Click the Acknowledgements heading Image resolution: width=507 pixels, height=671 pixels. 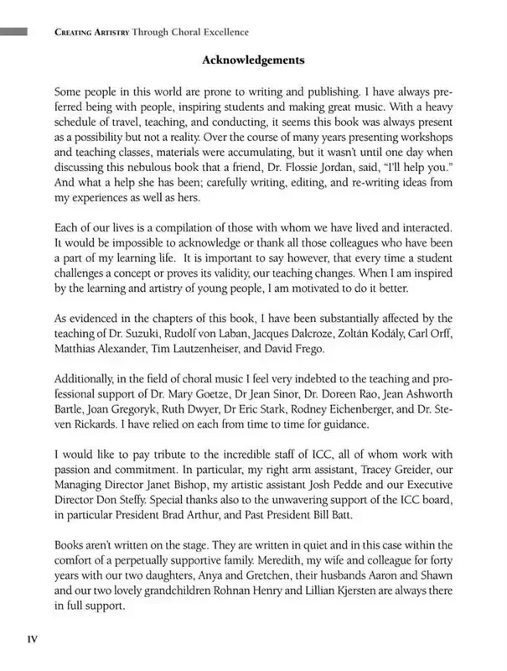pyautogui.click(x=253, y=60)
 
